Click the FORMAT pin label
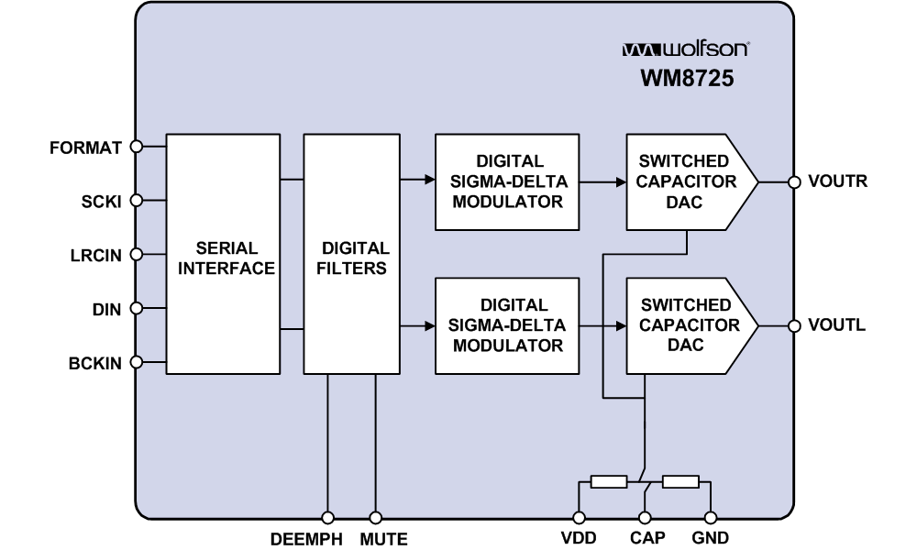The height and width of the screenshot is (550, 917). pos(85,147)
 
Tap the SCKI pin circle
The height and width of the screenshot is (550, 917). pos(137,201)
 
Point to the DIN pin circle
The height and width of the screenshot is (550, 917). pos(137,309)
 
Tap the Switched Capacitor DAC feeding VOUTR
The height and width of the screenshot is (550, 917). pos(688,181)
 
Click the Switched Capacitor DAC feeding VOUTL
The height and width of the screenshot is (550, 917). pos(688,325)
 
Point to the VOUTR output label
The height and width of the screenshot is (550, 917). pos(836,181)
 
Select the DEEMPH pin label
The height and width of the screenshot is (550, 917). pos(306,539)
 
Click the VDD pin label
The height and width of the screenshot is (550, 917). pos(579,539)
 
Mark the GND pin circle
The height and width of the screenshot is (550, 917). pos(710,518)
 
